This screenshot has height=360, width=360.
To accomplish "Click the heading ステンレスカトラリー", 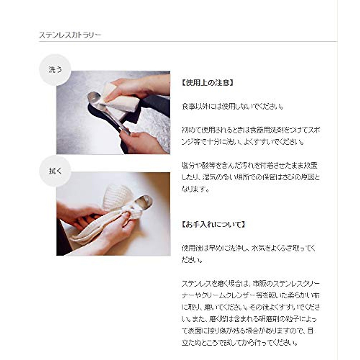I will pos(70,35).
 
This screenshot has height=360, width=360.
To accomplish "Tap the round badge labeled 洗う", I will pos(55,70).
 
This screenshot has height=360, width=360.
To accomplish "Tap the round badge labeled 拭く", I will pos(55,171).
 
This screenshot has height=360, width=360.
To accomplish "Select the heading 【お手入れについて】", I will pos(213,224).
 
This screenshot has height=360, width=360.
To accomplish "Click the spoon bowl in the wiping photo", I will pos(143,201).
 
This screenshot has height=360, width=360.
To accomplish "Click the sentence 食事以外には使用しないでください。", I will pos(233,106).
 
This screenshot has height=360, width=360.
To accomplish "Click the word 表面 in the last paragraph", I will pos(196,331).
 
